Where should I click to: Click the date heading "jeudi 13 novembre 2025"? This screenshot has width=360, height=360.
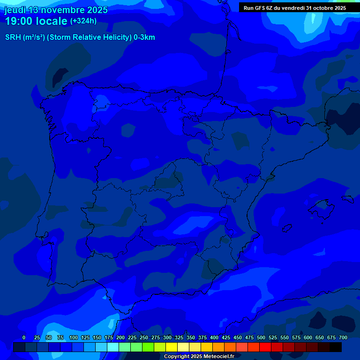(x=56, y=10)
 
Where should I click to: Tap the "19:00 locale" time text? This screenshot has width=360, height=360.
(x=36, y=22)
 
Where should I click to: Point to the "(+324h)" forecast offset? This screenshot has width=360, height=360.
(x=83, y=21)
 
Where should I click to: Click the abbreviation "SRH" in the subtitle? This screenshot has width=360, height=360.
(x=13, y=37)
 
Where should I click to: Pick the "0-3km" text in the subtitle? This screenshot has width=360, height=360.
(x=144, y=37)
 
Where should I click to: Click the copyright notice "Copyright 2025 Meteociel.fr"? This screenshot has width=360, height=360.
(x=199, y=357)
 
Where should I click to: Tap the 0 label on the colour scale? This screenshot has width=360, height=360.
(x=24, y=337)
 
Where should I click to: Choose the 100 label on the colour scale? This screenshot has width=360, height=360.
(x=74, y=337)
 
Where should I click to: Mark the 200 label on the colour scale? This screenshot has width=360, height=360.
(x=120, y=337)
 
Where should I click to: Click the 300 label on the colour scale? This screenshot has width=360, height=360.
(x=167, y=337)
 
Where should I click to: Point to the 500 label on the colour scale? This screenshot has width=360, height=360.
(x=261, y=337)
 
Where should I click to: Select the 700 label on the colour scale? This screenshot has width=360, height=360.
(x=343, y=337)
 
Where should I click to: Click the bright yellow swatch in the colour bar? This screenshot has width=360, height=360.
(x=172, y=347)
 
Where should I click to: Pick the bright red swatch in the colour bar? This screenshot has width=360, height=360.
(x=265, y=347)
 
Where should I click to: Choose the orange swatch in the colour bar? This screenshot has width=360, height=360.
(x=218, y=347)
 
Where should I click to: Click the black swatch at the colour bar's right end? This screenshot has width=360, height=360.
(x=336, y=347)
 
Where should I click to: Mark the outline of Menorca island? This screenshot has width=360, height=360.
(x=347, y=199)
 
